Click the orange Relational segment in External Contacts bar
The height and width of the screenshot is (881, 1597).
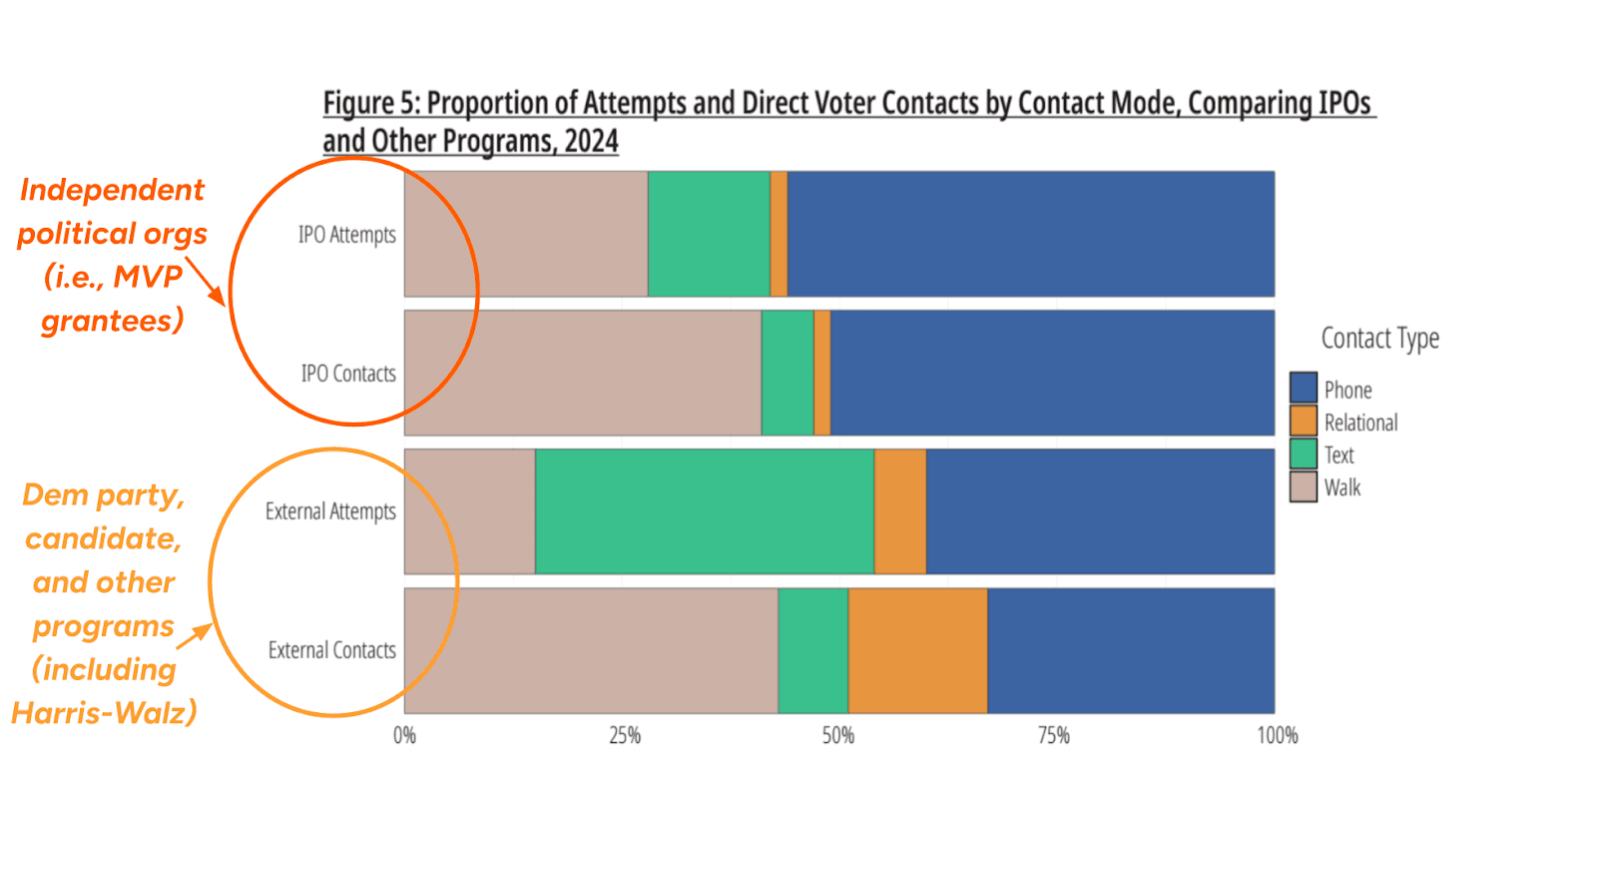[x=917, y=650]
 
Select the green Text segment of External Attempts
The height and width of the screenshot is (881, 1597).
[x=704, y=511]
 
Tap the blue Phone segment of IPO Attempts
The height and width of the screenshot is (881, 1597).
[x=1030, y=234]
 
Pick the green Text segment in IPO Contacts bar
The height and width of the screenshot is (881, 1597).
[x=788, y=373]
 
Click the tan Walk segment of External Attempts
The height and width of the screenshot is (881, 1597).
[x=469, y=511]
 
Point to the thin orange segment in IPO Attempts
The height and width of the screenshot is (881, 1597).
[x=779, y=234]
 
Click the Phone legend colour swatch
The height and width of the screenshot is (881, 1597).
[x=1303, y=388]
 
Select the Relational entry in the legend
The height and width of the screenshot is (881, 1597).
[x=1360, y=423]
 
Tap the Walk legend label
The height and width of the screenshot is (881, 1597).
[x=1342, y=487]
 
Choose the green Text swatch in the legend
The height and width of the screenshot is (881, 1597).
[x=1303, y=453]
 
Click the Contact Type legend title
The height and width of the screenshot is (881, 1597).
[x=1379, y=339]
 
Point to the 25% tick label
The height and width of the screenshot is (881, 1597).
[x=625, y=736]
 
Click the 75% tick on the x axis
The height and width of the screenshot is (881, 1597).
[x=1053, y=736]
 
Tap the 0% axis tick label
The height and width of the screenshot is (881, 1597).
[x=404, y=736]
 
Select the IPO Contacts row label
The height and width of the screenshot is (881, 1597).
[x=348, y=374]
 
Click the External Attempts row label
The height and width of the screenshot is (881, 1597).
[x=330, y=511]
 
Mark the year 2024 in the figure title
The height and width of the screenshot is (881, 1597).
[x=591, y=141]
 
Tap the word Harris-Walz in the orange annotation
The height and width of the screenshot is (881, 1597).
[x=104, y=713]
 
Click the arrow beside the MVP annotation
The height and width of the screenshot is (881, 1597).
[x=205, y=281]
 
